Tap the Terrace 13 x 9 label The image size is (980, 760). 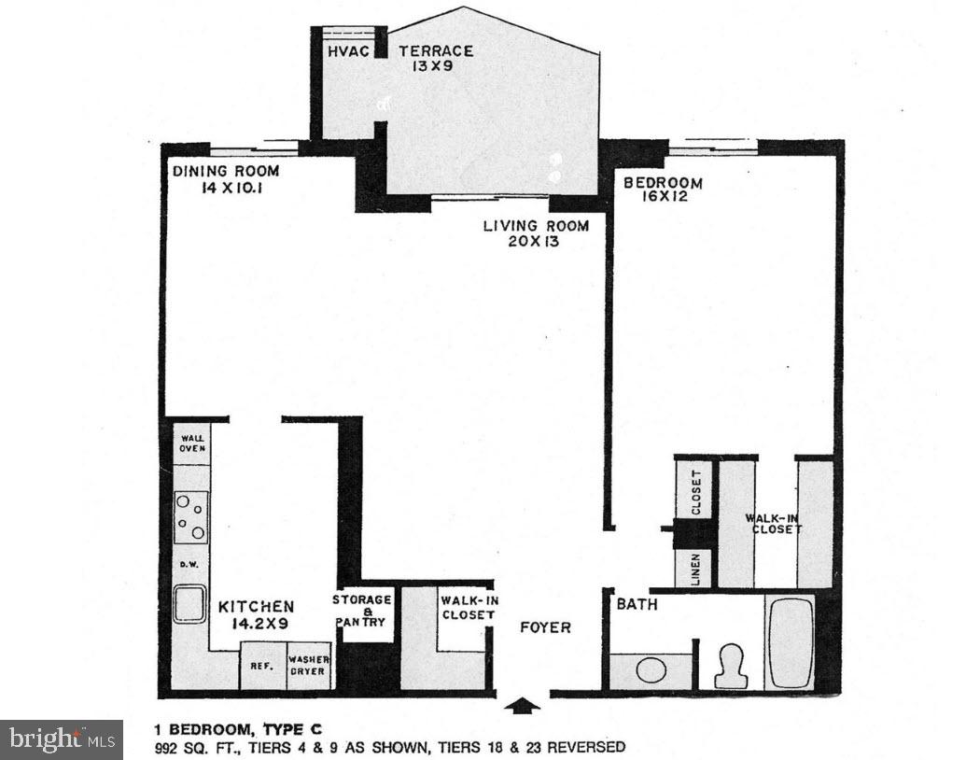point(435,58)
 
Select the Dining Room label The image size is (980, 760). point(225,178)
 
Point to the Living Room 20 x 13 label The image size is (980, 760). point(535,232)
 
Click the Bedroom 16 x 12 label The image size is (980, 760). point(663,190)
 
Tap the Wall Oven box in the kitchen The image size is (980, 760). point(191,443)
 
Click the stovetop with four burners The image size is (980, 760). point(190,517)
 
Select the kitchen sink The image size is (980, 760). point(190,605)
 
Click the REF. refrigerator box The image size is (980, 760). point(260,667)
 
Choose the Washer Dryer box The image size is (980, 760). point(309,666)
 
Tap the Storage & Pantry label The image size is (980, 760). point(362,611)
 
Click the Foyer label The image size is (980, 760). point(546,627)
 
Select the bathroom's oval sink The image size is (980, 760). point(651,670)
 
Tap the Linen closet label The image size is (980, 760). point(695,570)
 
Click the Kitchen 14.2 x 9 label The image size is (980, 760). point(256,614)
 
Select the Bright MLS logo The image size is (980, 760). point(61,739)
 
